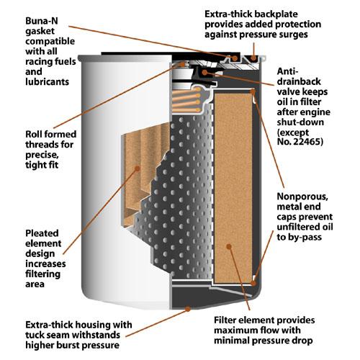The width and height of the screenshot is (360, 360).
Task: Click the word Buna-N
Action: [x=42, y=21]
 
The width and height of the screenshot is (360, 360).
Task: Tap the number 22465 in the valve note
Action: [x=308, y=142]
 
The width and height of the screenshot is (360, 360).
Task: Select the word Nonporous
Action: [x=302, y=197]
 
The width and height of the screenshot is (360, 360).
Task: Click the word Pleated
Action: [x=42, y=233]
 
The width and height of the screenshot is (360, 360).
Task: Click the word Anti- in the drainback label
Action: [x=287, y=71]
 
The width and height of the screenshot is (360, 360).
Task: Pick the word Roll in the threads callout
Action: [x=34, y=134]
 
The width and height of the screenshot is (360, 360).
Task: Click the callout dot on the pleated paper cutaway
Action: [x=138, y=168]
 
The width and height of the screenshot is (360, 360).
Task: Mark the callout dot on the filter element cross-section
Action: [x=229, y=246]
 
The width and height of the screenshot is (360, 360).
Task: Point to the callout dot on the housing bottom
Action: [x=189, y=309]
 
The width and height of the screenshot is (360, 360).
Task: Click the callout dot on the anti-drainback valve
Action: [x=204, y=72]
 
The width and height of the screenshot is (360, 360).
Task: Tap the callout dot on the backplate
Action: [x=253, y=58]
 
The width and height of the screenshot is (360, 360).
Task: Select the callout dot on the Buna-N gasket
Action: [x=235, y=58]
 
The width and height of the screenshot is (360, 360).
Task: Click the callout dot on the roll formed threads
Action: [x=183, y=64]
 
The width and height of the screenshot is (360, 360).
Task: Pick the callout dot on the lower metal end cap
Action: [x=253, y=284]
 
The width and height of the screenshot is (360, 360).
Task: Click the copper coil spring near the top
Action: [x=186, y=100]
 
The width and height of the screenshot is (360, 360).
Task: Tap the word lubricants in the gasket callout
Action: [x=48, y=82]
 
